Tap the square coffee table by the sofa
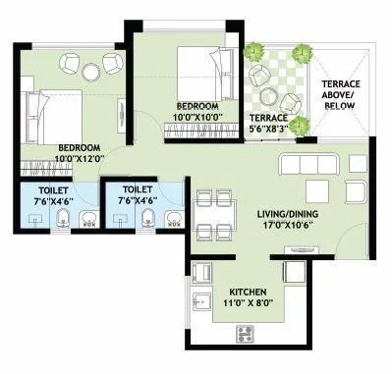tap(317, 190)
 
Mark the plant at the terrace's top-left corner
tap(253, 51)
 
